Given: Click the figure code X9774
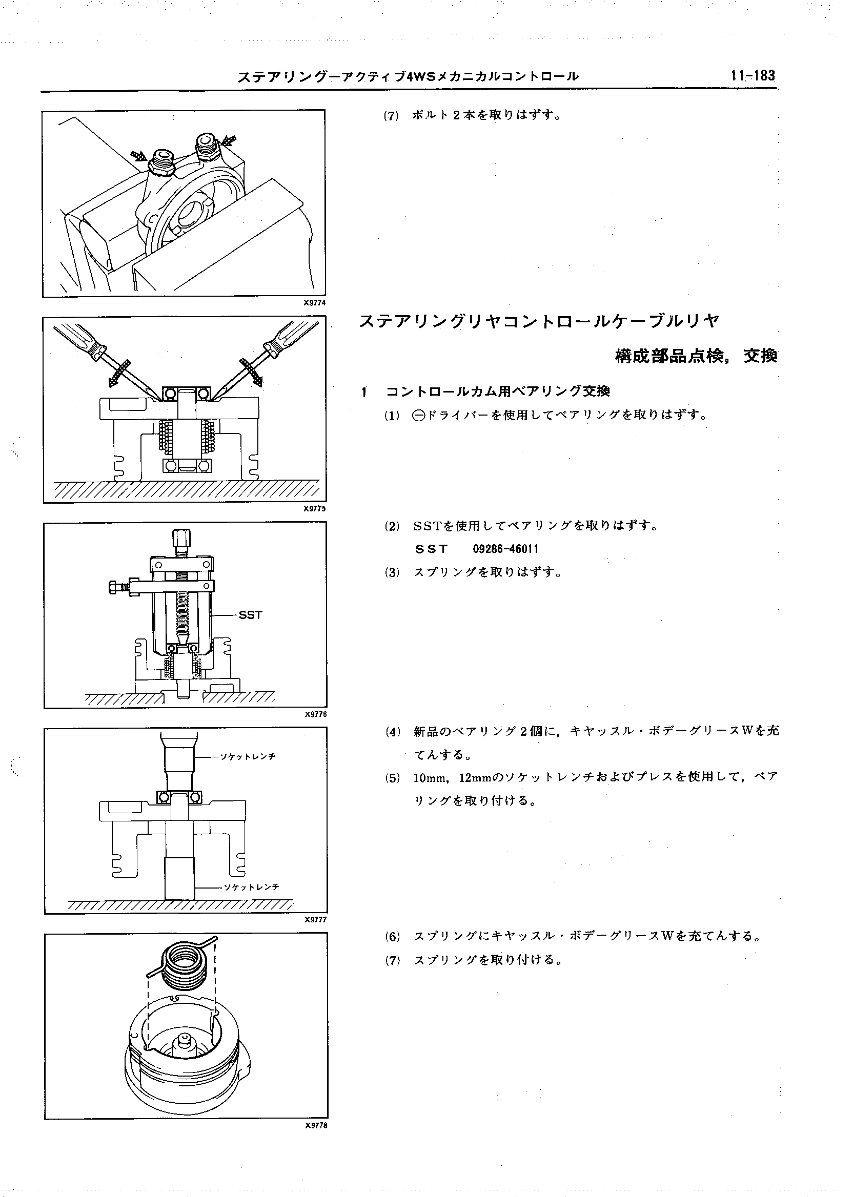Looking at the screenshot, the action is (x=314, y=303).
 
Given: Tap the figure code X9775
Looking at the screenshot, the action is (x=314, y=509).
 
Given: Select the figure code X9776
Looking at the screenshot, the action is (x=315, y=714).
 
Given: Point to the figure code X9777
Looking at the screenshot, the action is (x=315, y=920).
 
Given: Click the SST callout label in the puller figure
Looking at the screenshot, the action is (x=250, y=615).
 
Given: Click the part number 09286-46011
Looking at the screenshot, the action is (x=505, y=549).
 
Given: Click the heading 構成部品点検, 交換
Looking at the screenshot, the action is (x=696, y=357).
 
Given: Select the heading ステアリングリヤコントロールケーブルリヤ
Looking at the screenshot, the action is (x=538, y=321).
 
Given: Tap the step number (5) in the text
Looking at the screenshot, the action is (x=392, y=778).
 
